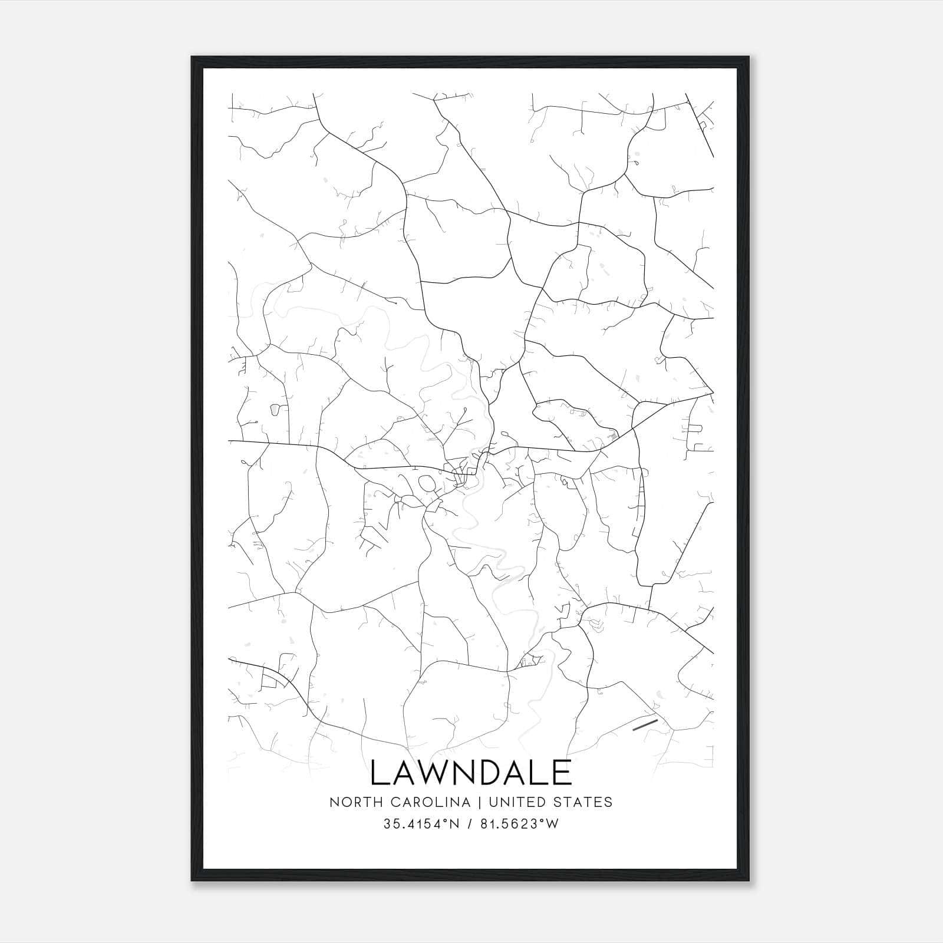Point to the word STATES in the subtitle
[x=585, y=802]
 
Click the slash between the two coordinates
[x=469, y=824]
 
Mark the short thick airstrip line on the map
[x=644, y=724]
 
